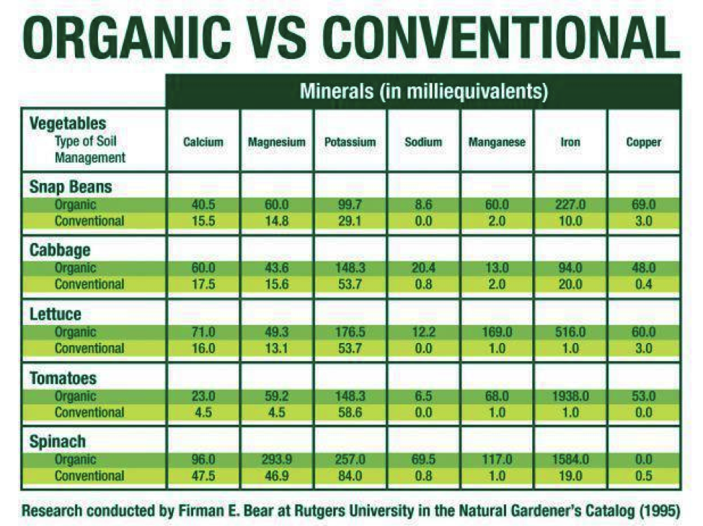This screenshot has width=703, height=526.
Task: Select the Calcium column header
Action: pyautogui.click(x=203, y=142)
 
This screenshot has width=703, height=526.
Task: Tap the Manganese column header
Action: pyautogui.click(x=497, y=142)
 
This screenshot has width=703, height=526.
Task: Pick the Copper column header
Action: pyautogui.click(x=643, y=142)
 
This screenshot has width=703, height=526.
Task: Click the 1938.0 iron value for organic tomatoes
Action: pyautogui.click(x=570, y=396)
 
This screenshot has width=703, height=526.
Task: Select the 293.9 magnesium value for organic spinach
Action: pyautogui.click(x=276, y=460)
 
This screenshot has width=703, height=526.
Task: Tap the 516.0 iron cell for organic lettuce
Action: pyautogui.click(x=570, y=332)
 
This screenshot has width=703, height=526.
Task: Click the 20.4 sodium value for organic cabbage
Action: pyautogui.click(x=423, y=268)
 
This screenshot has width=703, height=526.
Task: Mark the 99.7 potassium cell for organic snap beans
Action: pyautogui.click(x=350, y=205)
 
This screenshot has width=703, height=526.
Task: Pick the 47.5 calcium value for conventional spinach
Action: pyautogui.click(x=203, y=476)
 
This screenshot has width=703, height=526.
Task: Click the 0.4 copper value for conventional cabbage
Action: pyautogui.click(x=643, y=284)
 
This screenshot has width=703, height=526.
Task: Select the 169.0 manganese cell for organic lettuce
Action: pyautogui.click(x=497, y=332)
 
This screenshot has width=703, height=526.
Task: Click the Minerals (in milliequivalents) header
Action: pyautogui.click(x=423, y=92)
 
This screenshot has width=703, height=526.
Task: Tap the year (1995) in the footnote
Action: pyautogui.click(x=658, y=511)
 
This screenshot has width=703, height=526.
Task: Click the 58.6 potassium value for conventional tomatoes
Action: pyautogui.click(x=350, y=412)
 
